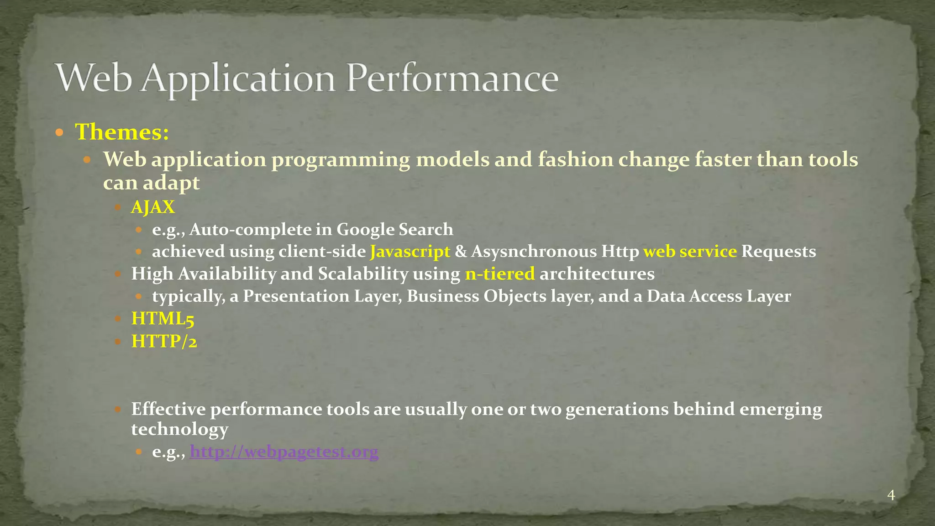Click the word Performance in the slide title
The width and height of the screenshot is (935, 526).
tap(452, 79)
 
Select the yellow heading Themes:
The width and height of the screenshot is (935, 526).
tap(122, 132)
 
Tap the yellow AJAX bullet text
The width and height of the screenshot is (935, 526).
tap(153, 207)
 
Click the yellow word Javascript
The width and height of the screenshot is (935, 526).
tap(410, 252)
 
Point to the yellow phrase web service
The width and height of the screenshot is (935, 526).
tap(690, 252)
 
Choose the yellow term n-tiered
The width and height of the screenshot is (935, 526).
tap(500, 274)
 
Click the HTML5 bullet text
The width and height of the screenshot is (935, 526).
tap(163, 319)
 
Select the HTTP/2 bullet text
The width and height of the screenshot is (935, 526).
tap(164, 341)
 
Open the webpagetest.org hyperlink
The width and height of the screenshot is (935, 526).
tap(284, 452)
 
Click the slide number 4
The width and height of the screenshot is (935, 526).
tap(891, 495)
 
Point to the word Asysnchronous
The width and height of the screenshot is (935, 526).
tap(534, 252)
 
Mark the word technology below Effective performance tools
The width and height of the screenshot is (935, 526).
tap(179, 429)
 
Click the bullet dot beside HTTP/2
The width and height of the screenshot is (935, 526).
tap(117, 342)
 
